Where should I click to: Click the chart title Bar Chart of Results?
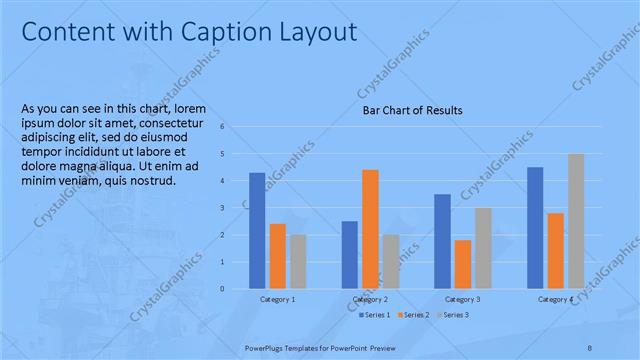(412, 110)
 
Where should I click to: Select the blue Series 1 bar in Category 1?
(257, 230)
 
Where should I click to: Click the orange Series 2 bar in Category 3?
(462, 264)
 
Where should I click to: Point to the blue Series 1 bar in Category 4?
(535, 227)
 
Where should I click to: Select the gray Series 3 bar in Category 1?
(298, 261)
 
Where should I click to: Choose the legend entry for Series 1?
(376, 315)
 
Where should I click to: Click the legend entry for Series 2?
(414, 315)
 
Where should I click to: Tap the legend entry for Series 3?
(451, 315)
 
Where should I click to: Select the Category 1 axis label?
(277, 299)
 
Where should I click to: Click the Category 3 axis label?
(462, 299)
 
